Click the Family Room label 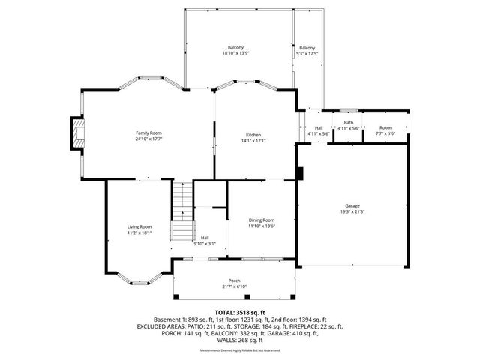click(148, 133)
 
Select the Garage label click(352, 205)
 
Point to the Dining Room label click(262, 220)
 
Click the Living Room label click(139, 226)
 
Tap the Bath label click(349, 123)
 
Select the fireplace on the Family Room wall click(77, 133)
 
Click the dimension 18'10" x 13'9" click(235, 54)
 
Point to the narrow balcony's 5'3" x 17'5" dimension click(307, 54)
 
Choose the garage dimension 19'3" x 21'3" click(352, 211)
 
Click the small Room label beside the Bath click(385, 128)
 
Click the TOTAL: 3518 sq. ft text click(239, 311)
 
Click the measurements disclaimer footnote click(239, 350)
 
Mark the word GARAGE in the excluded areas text click(283, 333)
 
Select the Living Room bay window click(139, 281)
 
